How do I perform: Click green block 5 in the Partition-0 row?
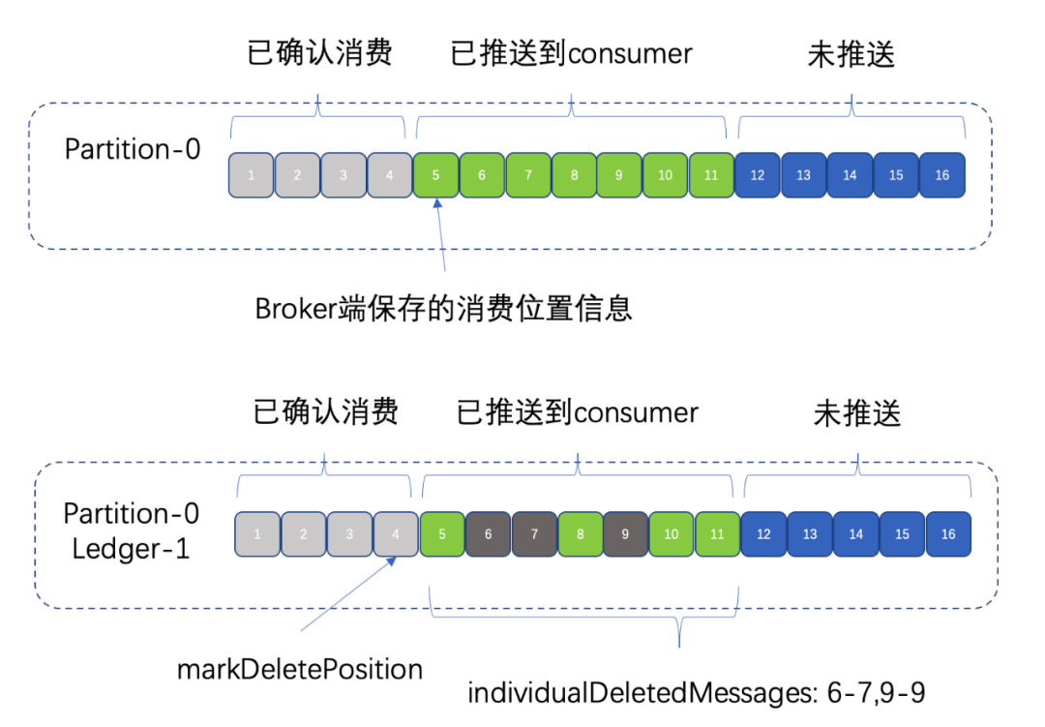point(436,175)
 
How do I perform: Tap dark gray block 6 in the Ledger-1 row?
point(489,533)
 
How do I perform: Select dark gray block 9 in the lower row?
point(626,533)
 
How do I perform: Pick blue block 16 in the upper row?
point(942,175)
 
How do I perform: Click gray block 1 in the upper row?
point(252,175)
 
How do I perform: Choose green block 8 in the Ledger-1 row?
point(581,533)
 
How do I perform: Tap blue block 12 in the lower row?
point(763,533)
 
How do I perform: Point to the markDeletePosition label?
point(300,669)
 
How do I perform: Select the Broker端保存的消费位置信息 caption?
point(444,308)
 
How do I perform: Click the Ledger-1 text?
point(132,549)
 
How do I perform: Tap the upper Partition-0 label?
point(133,149)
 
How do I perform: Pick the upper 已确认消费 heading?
point(320,52)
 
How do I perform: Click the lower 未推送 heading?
point(857,413)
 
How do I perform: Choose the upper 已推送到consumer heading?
point(572,52)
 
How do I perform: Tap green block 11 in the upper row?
point(711,175)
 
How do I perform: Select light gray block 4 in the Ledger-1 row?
point(396,533)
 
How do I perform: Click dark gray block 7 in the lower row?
point(534,533)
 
